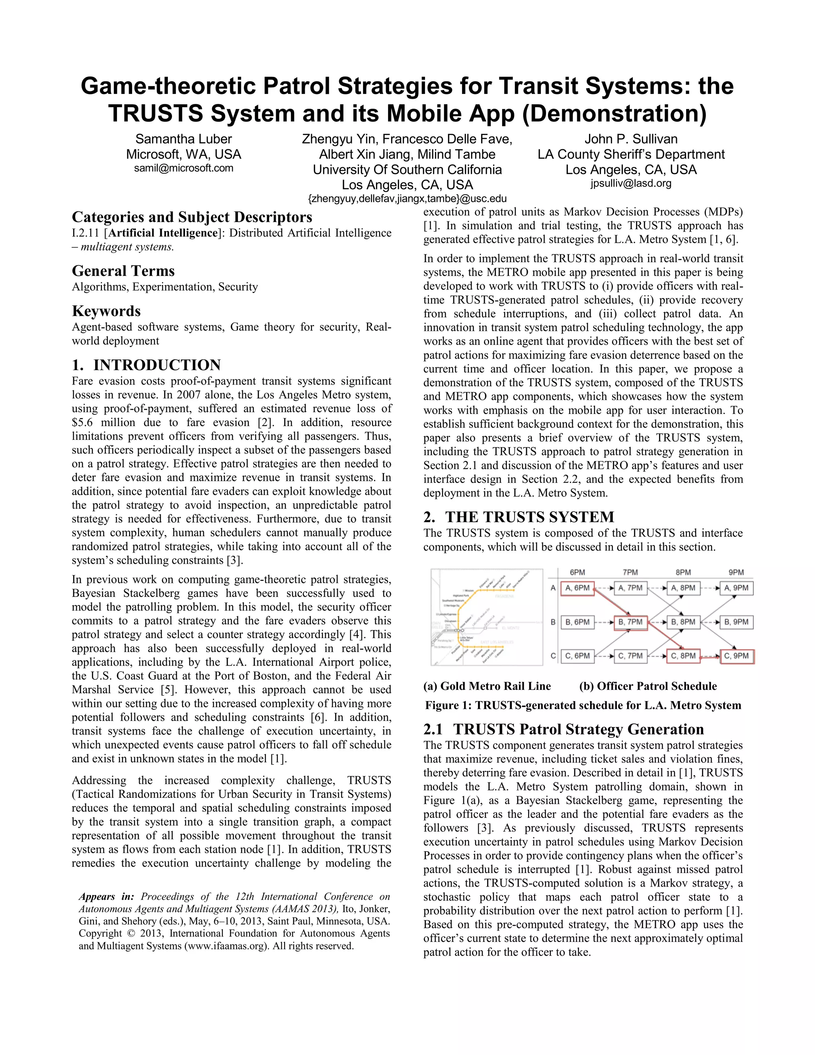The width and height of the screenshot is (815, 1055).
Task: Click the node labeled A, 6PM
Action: click(x=577, y=588)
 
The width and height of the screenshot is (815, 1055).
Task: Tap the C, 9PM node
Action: click(x=736, y=656)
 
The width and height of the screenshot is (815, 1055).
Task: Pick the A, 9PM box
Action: click(x=736, y=588)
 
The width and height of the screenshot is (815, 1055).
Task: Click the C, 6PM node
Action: click(x=577, y=656)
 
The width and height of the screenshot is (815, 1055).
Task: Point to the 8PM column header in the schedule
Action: click(x=683, y=572)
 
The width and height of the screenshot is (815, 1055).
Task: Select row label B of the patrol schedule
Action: click(x=553, y=622)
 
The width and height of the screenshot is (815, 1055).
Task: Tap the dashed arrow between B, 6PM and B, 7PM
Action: click(x=604, y=622)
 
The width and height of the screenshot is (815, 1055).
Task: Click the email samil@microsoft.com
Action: click(x=183, y=168)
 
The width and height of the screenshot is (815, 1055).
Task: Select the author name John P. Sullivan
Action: click(x=631, y=139)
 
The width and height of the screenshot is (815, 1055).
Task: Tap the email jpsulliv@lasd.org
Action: click(x=631, y=183)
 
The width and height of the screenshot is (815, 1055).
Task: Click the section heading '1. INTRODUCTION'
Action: click(x=146, y=365)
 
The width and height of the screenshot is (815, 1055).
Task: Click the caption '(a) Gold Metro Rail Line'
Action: click(x=487, y=686)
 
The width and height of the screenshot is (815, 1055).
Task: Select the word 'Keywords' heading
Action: click(x=106, y=311)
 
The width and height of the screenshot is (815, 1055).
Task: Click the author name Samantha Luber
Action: click(x=183, y=139)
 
